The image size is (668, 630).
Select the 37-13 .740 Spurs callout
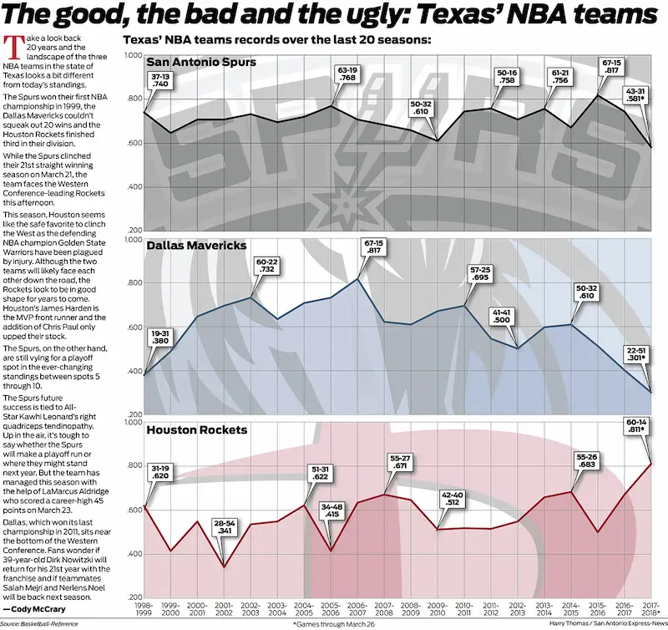[x=161, y=80]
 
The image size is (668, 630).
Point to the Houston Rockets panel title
[x=197, y=430]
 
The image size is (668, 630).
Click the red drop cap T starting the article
[x=10, y=45]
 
